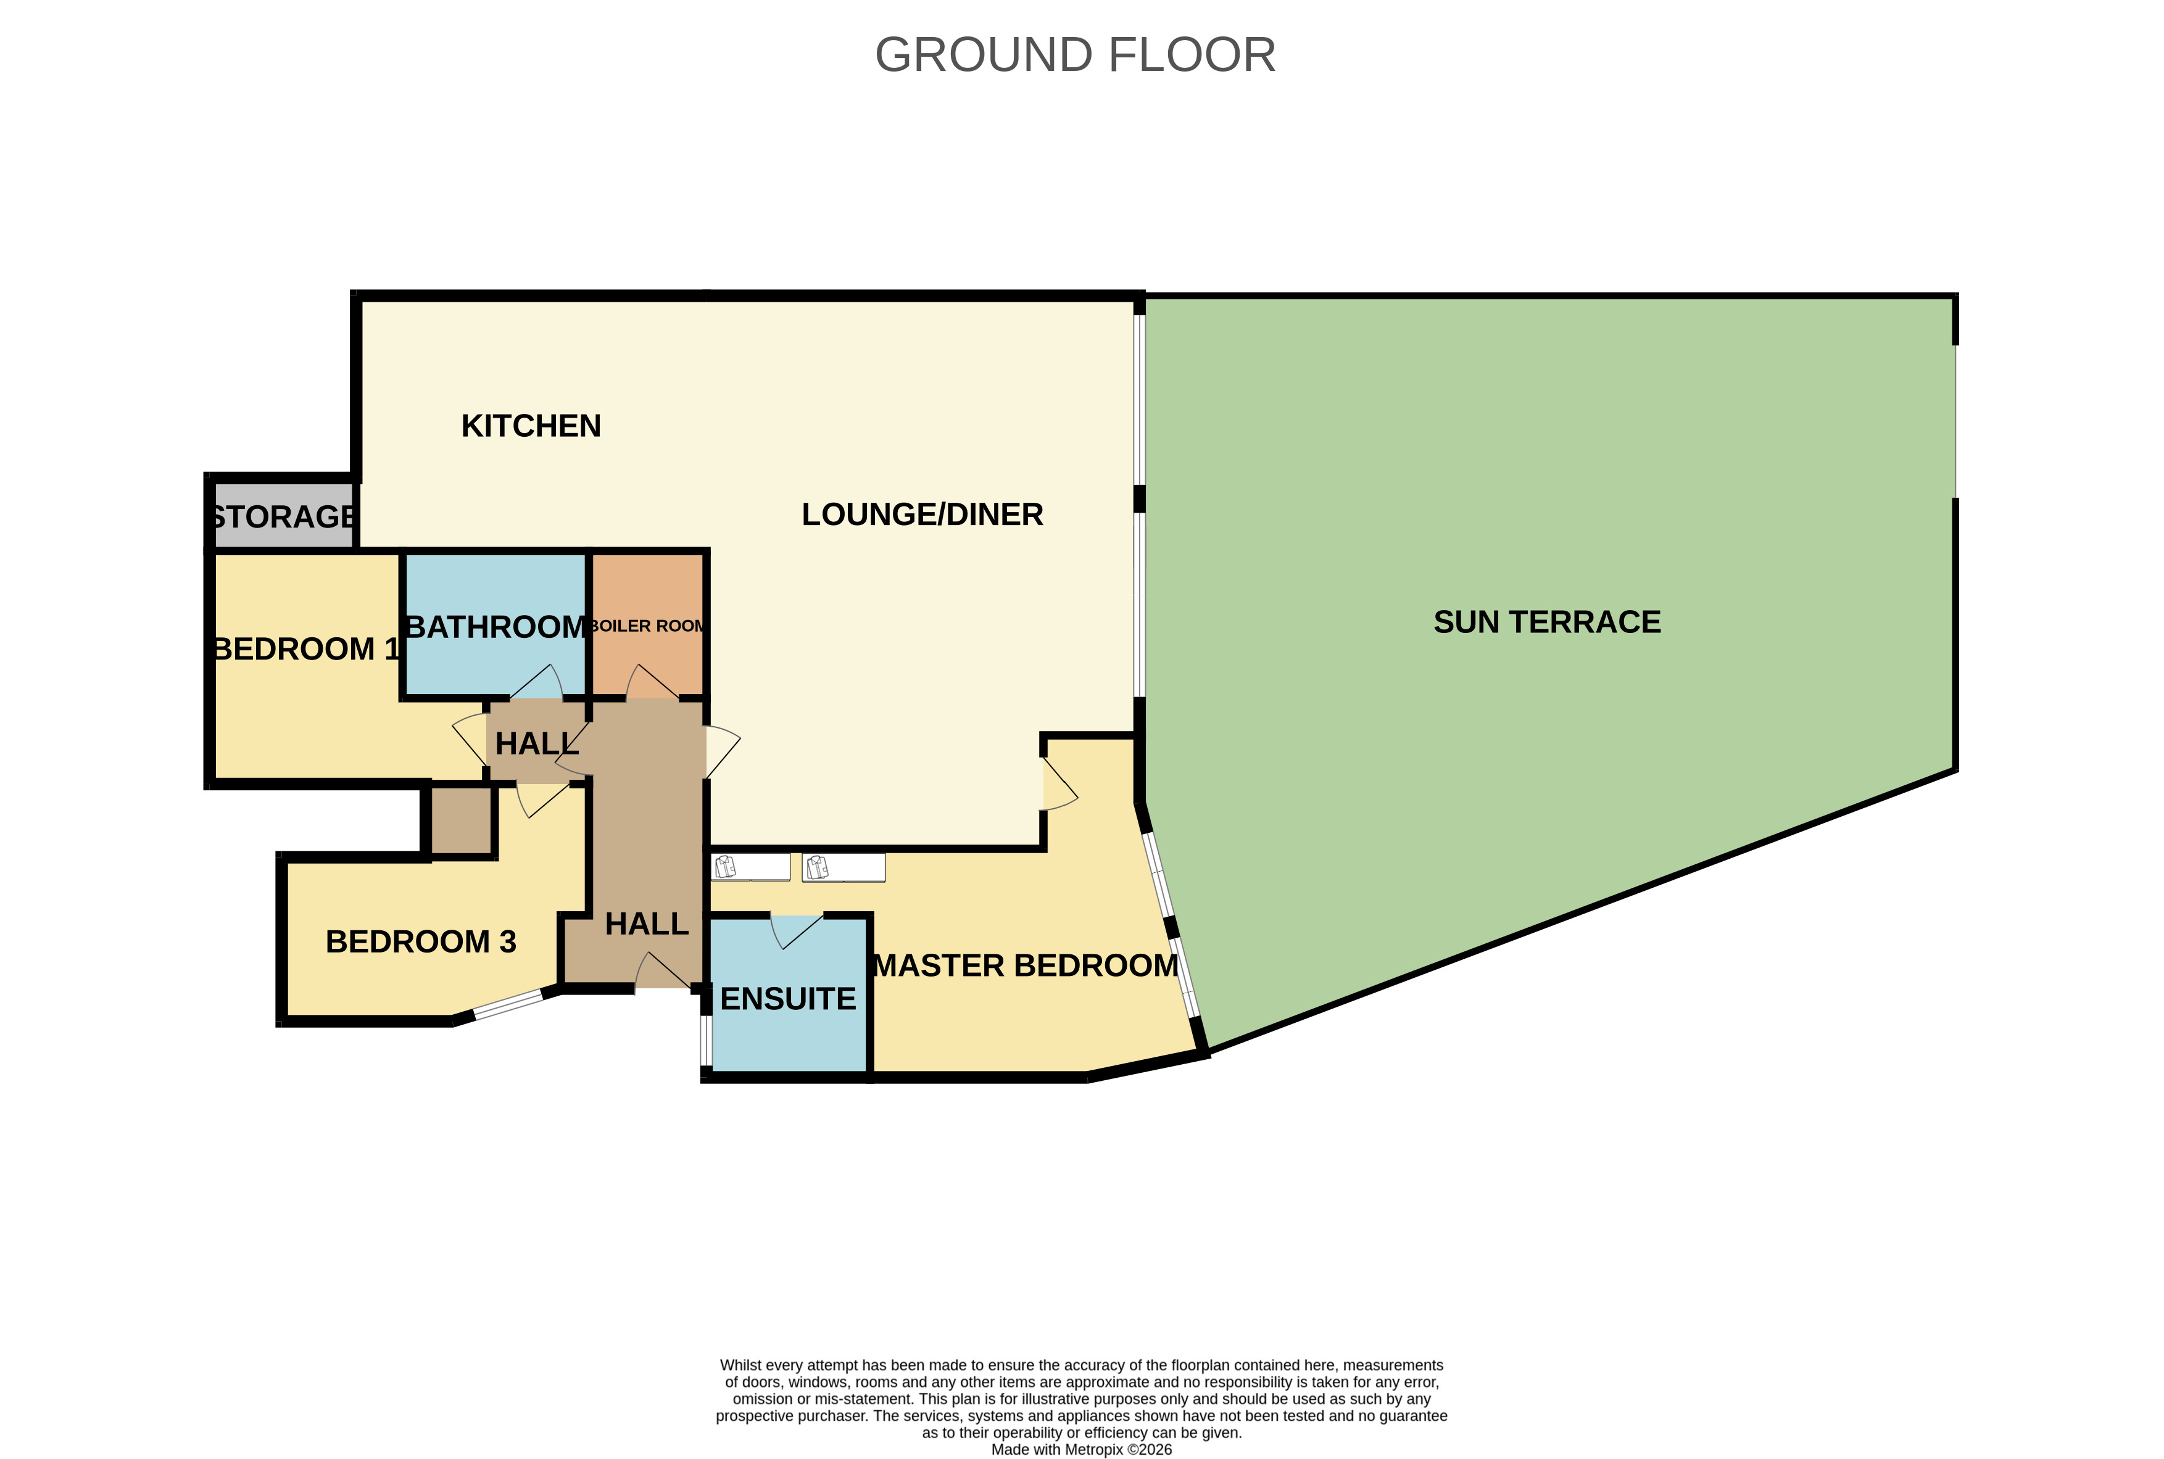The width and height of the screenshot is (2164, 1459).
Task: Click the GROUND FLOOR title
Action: [x=1074, y=55]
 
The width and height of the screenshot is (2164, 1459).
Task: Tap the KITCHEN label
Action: [x=531, y=426]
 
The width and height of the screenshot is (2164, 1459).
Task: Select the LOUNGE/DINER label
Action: [x=921, y=515]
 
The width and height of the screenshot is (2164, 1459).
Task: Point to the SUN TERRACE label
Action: [x=1546, y=622]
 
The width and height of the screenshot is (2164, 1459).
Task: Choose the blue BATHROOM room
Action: [x=494, y=595]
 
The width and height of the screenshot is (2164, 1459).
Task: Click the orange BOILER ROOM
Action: [x=648, y=595]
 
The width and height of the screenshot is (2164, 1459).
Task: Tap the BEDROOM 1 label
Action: [x=305, y=648]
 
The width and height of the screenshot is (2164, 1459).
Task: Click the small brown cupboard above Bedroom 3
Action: [x=460, y=820]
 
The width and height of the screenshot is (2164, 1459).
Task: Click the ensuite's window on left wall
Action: [x=705, y=1040]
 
